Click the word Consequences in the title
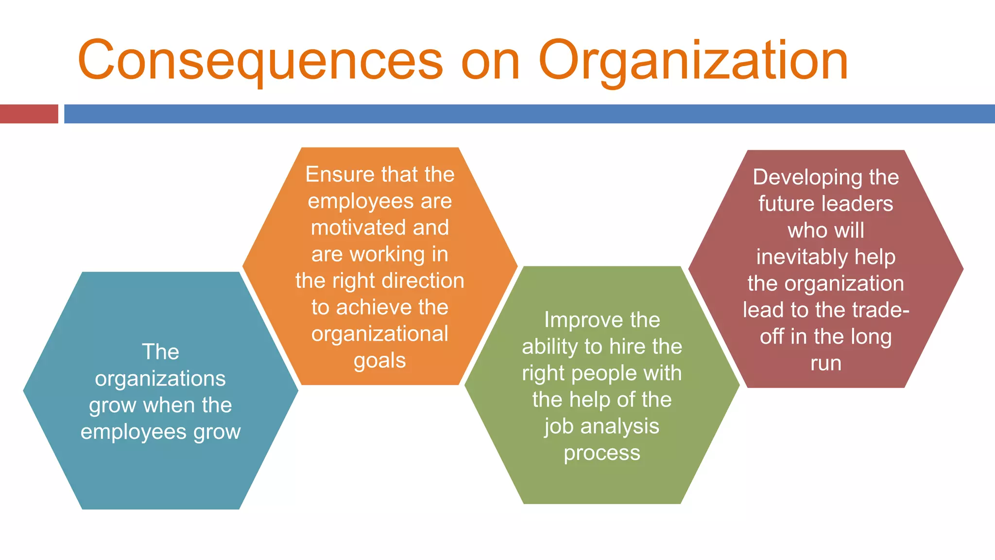point(260,61)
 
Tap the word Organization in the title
point(693,61)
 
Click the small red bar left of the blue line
point(29,114)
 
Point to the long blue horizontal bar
point(530,114)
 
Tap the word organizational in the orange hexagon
point(380,334)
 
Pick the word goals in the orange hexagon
point(380,361)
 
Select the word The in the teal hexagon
point(160,352)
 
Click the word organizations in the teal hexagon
point(160,379)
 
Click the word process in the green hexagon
point(602,453)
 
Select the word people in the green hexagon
point(604,373)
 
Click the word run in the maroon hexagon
point(826,363)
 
